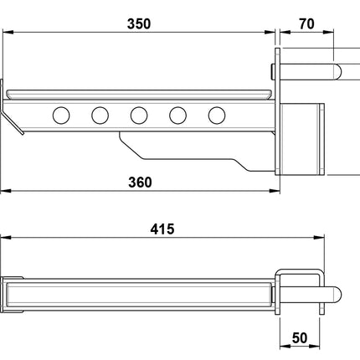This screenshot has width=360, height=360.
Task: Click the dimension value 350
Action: [138, 23]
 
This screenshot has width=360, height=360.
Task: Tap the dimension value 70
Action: [306, 23]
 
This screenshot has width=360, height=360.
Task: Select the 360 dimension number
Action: [138, 183]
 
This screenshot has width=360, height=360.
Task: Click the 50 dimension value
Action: [301, 342]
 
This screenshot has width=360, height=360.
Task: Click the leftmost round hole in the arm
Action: [61, 115]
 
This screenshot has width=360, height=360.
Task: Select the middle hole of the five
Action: [139, 115]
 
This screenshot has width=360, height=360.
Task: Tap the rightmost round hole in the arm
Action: [217, 115]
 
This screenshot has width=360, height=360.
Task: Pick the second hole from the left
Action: [100, 115]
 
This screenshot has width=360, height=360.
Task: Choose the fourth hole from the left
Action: [177, 115]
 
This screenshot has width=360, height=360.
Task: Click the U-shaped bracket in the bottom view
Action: [300, 293]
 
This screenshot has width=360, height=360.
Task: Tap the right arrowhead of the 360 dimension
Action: [272, 192]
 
